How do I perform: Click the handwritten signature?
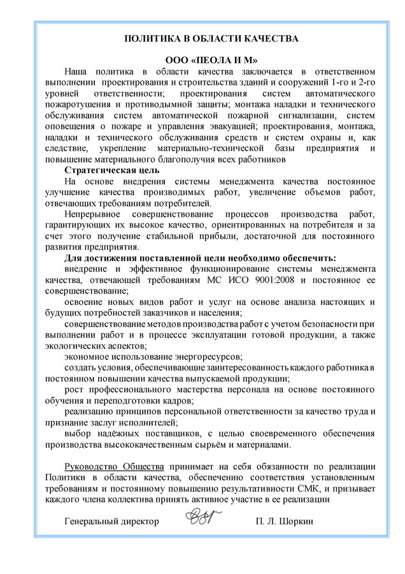(x=205, y=518)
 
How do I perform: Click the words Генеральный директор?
(x=112, y=522)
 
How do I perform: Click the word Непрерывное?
(x=96, y=214)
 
